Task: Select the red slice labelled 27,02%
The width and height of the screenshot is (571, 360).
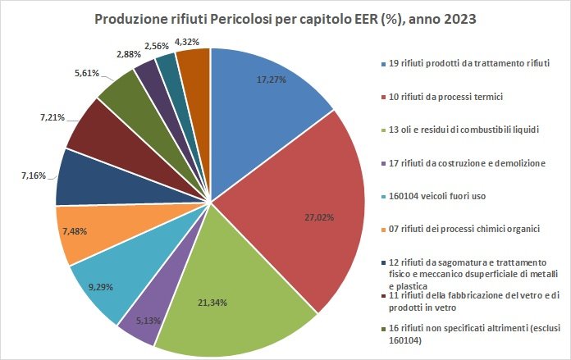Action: click(x=304, y=213)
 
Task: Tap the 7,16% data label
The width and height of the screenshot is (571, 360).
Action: click(x=40, y=175)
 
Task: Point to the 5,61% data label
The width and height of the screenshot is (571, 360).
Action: click(x=86, y=73)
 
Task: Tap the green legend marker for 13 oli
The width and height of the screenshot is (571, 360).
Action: click(x=384, y=130)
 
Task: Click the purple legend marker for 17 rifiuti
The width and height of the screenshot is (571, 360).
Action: click(x=384, y=163)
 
